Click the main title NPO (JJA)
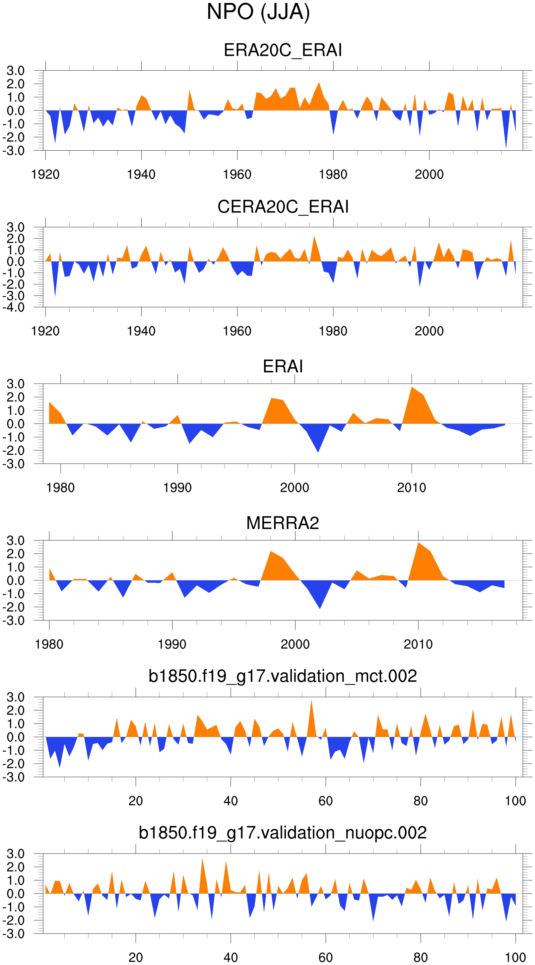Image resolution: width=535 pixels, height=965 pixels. click(x=258, y=12)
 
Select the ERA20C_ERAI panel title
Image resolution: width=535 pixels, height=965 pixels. click(x=283, y=50)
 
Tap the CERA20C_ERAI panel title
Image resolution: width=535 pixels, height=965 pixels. click(x=283, y=207)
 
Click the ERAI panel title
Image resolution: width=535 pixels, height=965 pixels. click(x=283, y=366)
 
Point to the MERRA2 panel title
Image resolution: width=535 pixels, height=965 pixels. click(x=283, y=523)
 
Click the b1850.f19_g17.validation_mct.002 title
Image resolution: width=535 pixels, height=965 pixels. click(x=283, y=676)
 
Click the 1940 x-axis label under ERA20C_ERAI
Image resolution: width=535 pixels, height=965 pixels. click(x=141, y=175)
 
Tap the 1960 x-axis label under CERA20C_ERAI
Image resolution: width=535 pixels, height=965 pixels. click(x=237, y=331)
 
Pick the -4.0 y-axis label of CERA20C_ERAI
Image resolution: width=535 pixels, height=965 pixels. click(x=14, y=308)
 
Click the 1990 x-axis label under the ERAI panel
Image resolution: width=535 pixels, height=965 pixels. click(x=177, y=488)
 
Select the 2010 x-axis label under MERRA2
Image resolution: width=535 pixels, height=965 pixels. click(x=418, y=644)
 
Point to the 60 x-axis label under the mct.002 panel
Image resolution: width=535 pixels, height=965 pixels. click(x=325, y=801)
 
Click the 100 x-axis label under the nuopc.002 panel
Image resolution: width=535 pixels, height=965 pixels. click(x=515, y=957)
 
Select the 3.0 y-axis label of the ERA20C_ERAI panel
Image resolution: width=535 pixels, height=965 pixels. click(x=15, y=70)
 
